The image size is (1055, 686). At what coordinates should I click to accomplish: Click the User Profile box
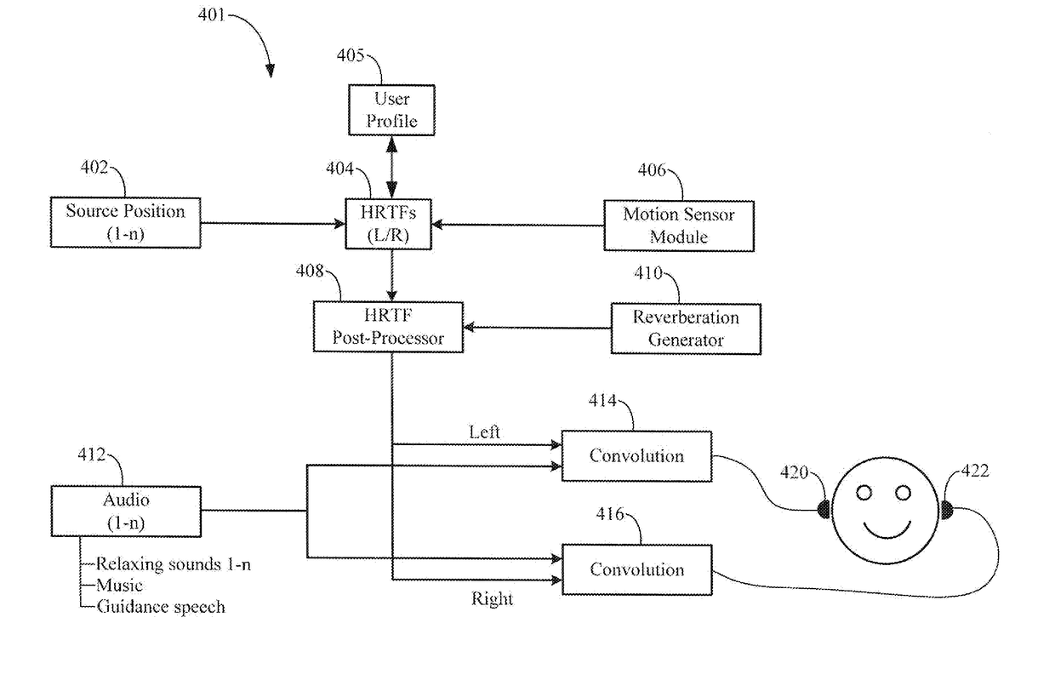click(391, 110)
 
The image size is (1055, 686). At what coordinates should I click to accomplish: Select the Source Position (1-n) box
click(125, 222)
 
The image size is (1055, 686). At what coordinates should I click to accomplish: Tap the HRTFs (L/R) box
click(388, 224)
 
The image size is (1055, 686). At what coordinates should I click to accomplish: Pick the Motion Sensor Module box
click(679, 226)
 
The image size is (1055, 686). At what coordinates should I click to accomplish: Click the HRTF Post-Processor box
click(388, 327)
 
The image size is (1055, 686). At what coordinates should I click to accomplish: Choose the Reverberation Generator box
click(686, 329)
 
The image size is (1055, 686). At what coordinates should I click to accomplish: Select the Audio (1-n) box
click(126, 512)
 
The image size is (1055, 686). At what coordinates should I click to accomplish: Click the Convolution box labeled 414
click(636, 456)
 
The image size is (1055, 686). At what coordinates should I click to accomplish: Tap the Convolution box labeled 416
click(637, 569)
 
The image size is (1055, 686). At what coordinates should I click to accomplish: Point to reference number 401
click(211, 15)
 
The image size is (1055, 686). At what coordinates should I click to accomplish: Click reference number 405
click(351, 55)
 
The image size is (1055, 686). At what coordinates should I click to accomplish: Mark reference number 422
click(975, 471)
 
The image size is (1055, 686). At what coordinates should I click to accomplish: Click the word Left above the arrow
click(484, 432)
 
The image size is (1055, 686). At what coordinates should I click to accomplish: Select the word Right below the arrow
click(492, 599)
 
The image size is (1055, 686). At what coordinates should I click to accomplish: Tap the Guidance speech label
click(161, 607)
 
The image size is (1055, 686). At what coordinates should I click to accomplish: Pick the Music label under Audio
click(119, 586)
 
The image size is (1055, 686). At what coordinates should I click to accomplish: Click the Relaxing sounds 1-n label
click(174, 564)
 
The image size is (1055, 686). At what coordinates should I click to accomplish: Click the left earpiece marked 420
click(824, 509)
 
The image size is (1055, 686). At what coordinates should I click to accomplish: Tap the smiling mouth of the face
click(887, 531)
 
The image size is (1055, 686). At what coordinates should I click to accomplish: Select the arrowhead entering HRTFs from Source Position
click(339, 223)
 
